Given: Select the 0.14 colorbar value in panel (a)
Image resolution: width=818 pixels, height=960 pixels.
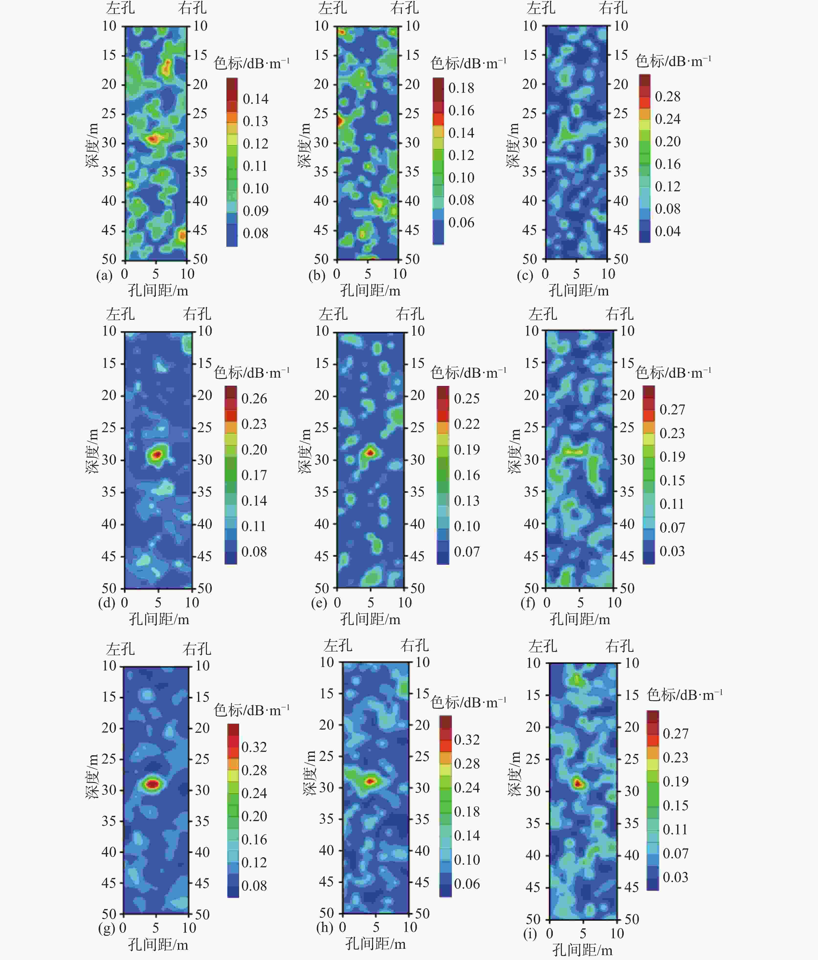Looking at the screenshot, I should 255,99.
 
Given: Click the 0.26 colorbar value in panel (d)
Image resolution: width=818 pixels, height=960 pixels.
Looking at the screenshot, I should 254,398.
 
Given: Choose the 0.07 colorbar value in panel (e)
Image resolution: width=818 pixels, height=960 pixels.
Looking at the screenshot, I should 466,552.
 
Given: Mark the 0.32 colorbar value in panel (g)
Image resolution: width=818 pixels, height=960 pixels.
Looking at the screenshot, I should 254,747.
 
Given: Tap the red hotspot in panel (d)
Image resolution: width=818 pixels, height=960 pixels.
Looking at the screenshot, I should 156,454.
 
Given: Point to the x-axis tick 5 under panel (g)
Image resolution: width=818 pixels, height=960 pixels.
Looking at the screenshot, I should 156,927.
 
